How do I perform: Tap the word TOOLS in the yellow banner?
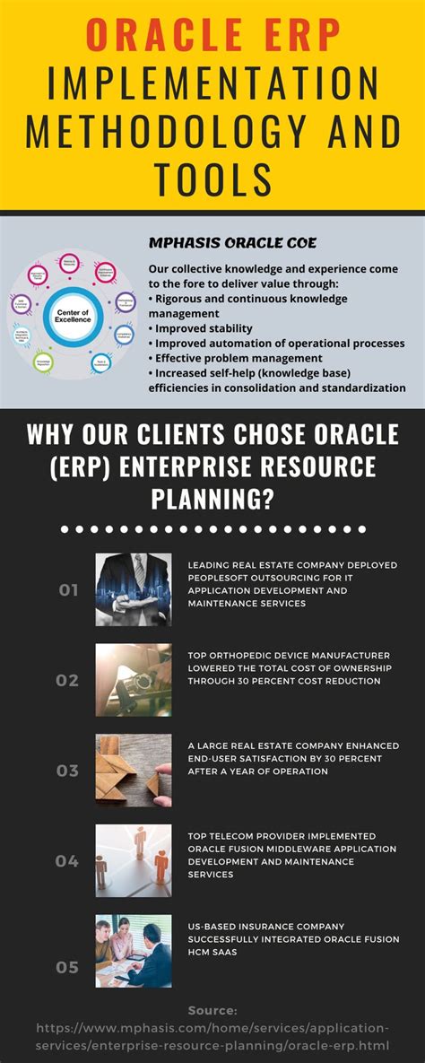[x=212, y=179]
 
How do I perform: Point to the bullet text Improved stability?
[x=204, y=328]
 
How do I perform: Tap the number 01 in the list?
[x=68, y=590]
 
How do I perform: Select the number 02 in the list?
[x=68, y=680]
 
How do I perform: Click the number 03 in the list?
[x=68, y=771]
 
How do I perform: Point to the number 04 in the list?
[x=68, y=861]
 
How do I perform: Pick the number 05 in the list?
[x=68, y=967]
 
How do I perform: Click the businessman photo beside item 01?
[x=134, y=589]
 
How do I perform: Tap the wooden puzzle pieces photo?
[x=134, y=771]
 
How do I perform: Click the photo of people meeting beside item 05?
[x=134, y=952]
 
